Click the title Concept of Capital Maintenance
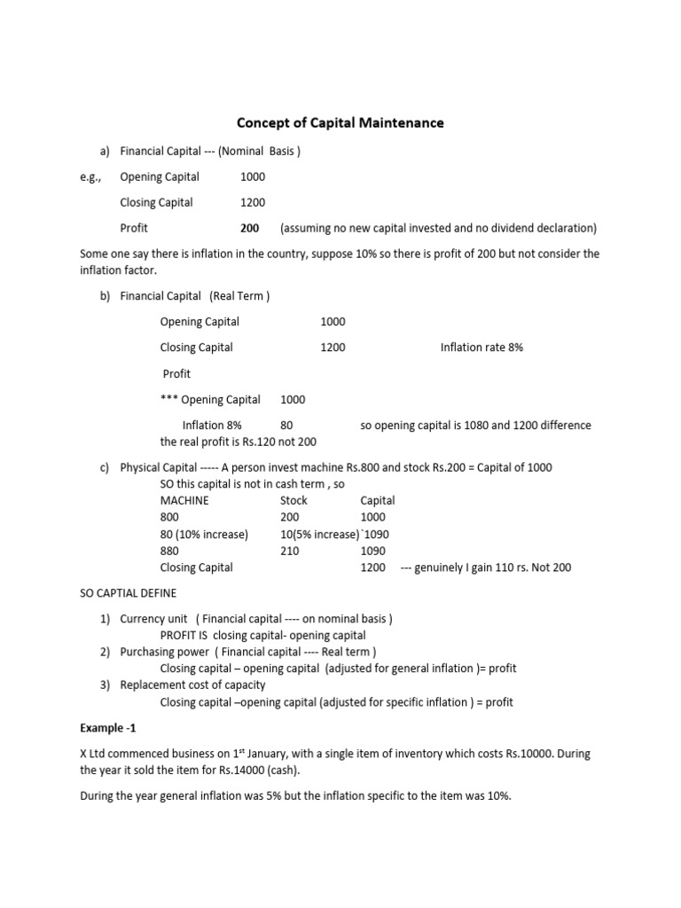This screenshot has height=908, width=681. [x=340, y=122]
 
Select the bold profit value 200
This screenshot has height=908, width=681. [x=250, y=228]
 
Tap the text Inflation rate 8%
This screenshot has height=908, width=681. [x=481, y=348]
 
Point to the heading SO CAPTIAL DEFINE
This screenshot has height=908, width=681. [x=128, y=593]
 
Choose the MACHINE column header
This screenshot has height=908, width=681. [x=184, y=500]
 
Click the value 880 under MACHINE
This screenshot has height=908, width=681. [x=169, y=551]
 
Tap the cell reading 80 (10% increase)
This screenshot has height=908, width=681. [x=204, y=534]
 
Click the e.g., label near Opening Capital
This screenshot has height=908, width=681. [x=90, y=176]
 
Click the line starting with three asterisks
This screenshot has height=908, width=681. [x=210, y=400]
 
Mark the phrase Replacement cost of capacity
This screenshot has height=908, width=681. [x=192, y=685]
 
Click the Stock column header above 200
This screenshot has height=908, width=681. [x=294, y=500]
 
